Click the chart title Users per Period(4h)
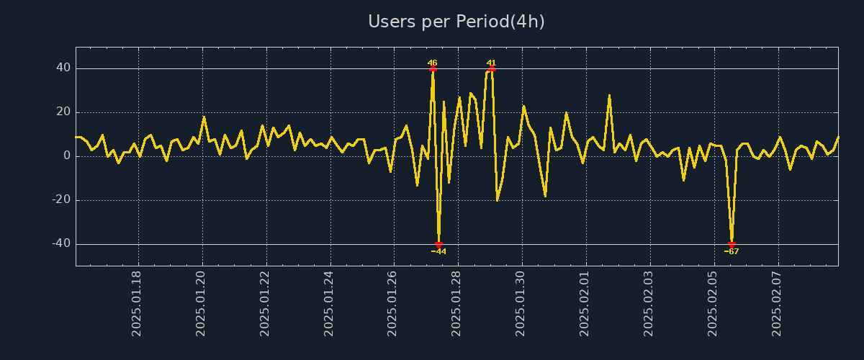[x=456, y=22]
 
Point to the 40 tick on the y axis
[x=63, y=68]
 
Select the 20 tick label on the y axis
[x=63, y=112]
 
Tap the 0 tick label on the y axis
[x=67, y=156]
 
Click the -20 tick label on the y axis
[x=60, y=200]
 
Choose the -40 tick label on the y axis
[x=60, y=244]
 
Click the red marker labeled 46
[x=433, y=69]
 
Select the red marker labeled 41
[x=492, y=69]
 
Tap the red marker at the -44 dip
[x=438, y=245]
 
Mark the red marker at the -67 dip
[x=732, y=245]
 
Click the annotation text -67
[x=732, y=252]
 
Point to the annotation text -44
[x=438, y=252]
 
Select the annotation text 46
[x=433, y=63]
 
